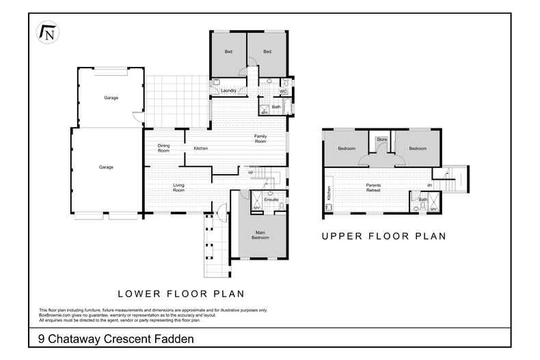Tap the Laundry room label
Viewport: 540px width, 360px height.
tap(228, 90)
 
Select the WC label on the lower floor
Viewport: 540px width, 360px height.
tap(282, 91)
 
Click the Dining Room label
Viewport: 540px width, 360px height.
tap(163, 147)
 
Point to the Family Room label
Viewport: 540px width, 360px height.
tap(260, 139)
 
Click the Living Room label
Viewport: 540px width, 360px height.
tap(178, 188)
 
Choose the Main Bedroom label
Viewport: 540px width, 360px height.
tap(260, 236)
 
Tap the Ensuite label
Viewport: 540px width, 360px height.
tap(271, 200)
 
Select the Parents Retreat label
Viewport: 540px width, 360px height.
tap(374, 187)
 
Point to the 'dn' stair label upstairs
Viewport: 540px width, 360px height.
tap(429, 185)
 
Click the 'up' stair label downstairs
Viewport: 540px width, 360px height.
tap(251, 172)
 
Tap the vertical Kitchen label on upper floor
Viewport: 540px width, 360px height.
tap(329, 193)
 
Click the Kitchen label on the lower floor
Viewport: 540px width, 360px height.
tap(200, 148)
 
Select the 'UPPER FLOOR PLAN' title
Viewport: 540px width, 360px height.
tap(383, 236)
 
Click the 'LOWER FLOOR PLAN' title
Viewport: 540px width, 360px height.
tap(181, 294)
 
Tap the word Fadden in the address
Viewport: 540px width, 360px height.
tap(172, 338)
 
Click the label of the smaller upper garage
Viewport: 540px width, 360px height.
tap(111, 98)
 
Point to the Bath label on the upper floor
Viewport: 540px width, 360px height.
tap(422, 199)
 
